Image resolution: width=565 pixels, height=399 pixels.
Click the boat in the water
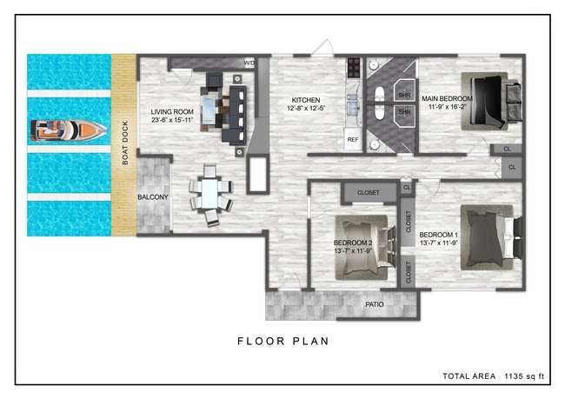point(68,130)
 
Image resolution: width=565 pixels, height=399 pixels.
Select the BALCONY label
point(153,197)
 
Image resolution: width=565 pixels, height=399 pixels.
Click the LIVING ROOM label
point(172,112)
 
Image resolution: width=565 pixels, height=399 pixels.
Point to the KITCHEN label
point(306,99)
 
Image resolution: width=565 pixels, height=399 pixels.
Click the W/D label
point(249,63)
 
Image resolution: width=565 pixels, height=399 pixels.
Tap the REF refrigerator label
point(353,139)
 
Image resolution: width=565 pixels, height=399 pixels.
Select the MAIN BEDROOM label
point(447,99)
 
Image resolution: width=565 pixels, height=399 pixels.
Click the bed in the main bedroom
point(491,101)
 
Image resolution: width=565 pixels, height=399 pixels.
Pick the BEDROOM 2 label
point(353,243)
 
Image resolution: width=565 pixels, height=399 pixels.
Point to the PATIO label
point(375,305)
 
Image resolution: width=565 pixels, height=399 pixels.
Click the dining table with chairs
point(209,194)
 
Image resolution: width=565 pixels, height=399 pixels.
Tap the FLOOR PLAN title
point(282,341)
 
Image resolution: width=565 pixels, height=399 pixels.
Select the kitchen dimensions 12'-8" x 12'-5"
point(306,109)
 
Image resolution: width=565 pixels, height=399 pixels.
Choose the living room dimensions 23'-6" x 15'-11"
point(172,122)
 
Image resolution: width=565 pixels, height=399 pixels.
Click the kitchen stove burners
point(354,65)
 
